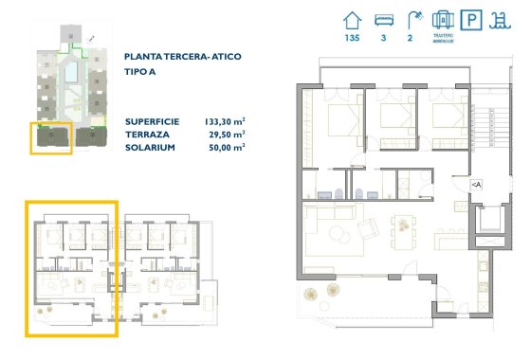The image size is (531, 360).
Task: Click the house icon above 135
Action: (x=353, y=20)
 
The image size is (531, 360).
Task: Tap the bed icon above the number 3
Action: (x=385, y=20)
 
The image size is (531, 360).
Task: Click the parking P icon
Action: (x=470, y=20)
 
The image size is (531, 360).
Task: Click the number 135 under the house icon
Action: (x=353, y=39)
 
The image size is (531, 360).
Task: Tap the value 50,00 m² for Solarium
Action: (x=228, y=148)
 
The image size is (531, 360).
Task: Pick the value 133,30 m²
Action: (x=226, y=121)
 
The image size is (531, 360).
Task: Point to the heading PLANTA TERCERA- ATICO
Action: (x=183, y=57)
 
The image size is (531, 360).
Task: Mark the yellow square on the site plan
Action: (x=50, y=137)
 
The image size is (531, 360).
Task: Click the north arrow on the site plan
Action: (x=91, y=38)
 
